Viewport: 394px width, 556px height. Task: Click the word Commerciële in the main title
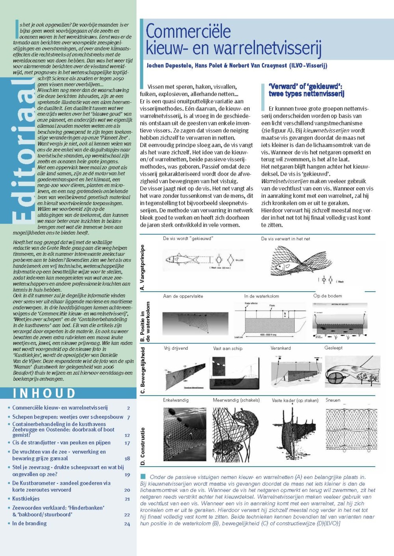(188, 31)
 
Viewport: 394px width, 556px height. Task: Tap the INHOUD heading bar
(44, 393)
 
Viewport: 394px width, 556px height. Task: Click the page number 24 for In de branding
(127, 524)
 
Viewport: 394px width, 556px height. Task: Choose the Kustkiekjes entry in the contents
(26, 499)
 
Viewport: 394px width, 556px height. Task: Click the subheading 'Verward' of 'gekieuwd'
(306, 90)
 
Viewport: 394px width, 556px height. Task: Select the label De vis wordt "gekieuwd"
(188, 238)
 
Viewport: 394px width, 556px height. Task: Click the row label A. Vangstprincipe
(142, 267)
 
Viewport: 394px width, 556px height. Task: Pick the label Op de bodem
(327, 296)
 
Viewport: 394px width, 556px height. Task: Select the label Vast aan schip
(228, 348)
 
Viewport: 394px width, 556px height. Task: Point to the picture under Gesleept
(352, 372)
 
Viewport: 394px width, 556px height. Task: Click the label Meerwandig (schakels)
(236, 400)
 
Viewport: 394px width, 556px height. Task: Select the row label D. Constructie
(143, 447)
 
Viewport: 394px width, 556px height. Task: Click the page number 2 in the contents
(128, 408)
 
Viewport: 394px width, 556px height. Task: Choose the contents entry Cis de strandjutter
(61, 443)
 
